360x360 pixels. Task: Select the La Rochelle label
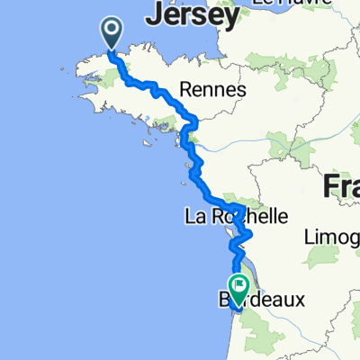coord(236,217)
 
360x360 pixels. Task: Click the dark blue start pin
coord(112,32)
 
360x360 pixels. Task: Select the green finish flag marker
coord(239,289)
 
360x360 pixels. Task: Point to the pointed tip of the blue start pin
coord(112,49)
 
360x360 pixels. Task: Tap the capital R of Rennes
coord(186,90)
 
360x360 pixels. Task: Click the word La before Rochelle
coord(195,217)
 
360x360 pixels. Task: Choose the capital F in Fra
coord(328,187)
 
